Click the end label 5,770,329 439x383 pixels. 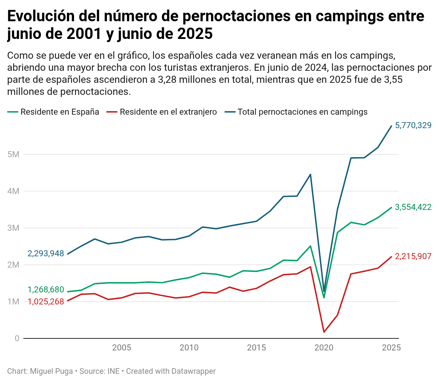(x=413, y=125)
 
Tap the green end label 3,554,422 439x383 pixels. (x=413, y=207)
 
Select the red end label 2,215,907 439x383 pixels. (x=413, y=256)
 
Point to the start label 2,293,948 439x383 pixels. (x=46, y=253)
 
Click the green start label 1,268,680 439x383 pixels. (x=46, y=290)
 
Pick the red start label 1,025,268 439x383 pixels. (x=46, y=302)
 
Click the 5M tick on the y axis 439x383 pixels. (x=13, y=154)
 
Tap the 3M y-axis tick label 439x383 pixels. (x=13, y=228)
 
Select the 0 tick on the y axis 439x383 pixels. (x=17, y=338)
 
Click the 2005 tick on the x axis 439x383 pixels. (x=121, y=348)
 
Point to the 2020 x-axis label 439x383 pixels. (x=324, y=348)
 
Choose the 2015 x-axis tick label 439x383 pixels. (x=256, y=348)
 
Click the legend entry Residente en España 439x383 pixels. (x=59, y=112)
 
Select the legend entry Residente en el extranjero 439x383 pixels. (x=168, y=112)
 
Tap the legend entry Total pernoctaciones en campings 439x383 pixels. (x=302, y=112)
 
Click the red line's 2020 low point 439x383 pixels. (x=324, y=332)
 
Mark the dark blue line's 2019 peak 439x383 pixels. (x=310, y=174)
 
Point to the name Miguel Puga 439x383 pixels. (x=51, y=371)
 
